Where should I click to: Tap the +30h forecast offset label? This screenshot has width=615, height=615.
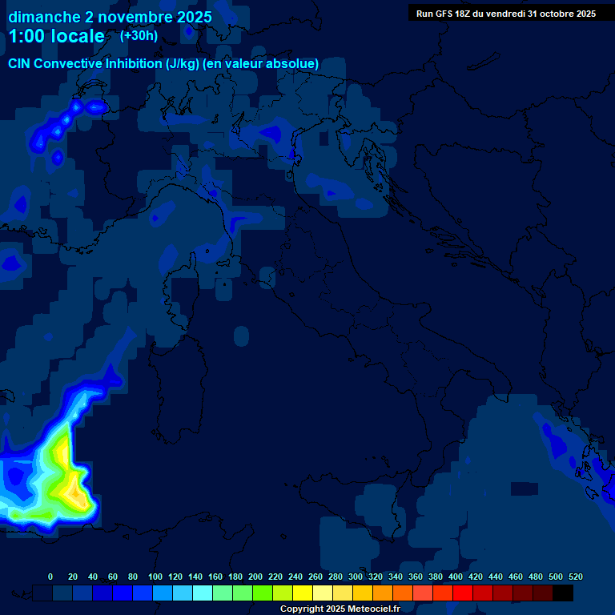139,35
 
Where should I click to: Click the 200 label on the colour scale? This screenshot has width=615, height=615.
255,577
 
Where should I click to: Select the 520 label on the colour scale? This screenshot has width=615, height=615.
575,577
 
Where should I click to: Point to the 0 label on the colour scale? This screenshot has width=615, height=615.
50,577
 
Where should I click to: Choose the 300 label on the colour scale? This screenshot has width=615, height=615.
356,577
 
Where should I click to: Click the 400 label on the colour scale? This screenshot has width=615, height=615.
456,577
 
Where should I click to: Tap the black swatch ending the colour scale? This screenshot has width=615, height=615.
563,593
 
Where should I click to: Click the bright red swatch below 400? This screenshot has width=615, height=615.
463,593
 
